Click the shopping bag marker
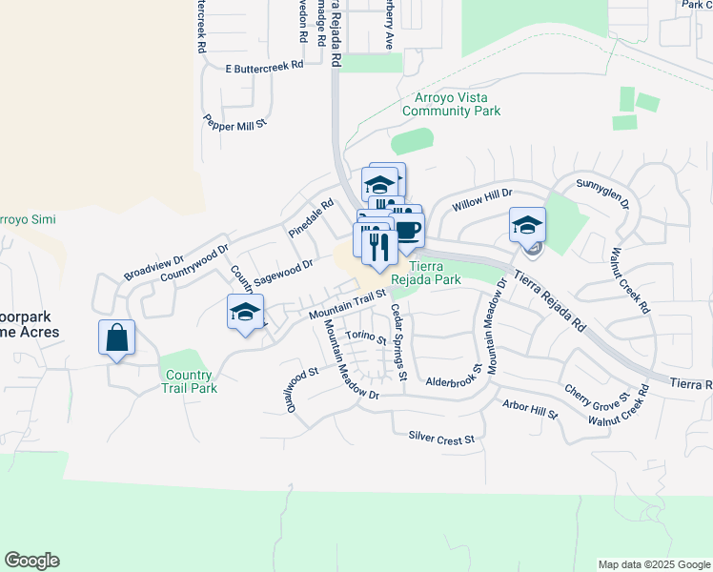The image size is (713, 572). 116,338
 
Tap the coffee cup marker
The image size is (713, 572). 407,230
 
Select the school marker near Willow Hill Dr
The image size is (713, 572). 527,226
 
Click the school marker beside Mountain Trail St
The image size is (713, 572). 245,313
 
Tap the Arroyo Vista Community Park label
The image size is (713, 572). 451,104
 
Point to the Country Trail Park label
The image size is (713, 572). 189,381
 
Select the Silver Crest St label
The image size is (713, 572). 440,438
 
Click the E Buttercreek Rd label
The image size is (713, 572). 264,67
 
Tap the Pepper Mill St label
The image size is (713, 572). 235,122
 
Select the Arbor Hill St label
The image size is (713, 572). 530,410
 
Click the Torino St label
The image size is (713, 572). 366,337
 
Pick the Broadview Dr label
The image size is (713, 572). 153,268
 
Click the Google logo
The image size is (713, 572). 31,561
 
